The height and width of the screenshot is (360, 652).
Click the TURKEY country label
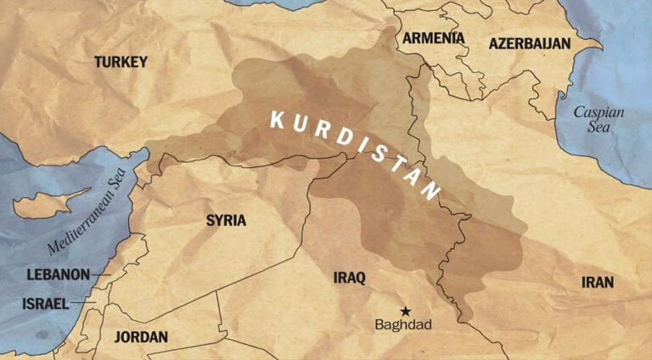coord(121,62)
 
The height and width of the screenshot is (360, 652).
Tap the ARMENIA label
coord(433,38)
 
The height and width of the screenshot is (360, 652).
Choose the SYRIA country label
coord(226,221)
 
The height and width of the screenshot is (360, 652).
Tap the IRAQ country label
coord(349,278)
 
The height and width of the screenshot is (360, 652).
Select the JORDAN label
coord(141,336)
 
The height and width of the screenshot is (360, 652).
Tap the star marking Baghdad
coord(405,311)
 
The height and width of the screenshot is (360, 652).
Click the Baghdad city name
coord(403,326)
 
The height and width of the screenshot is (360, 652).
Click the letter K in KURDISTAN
coord(277,119)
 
